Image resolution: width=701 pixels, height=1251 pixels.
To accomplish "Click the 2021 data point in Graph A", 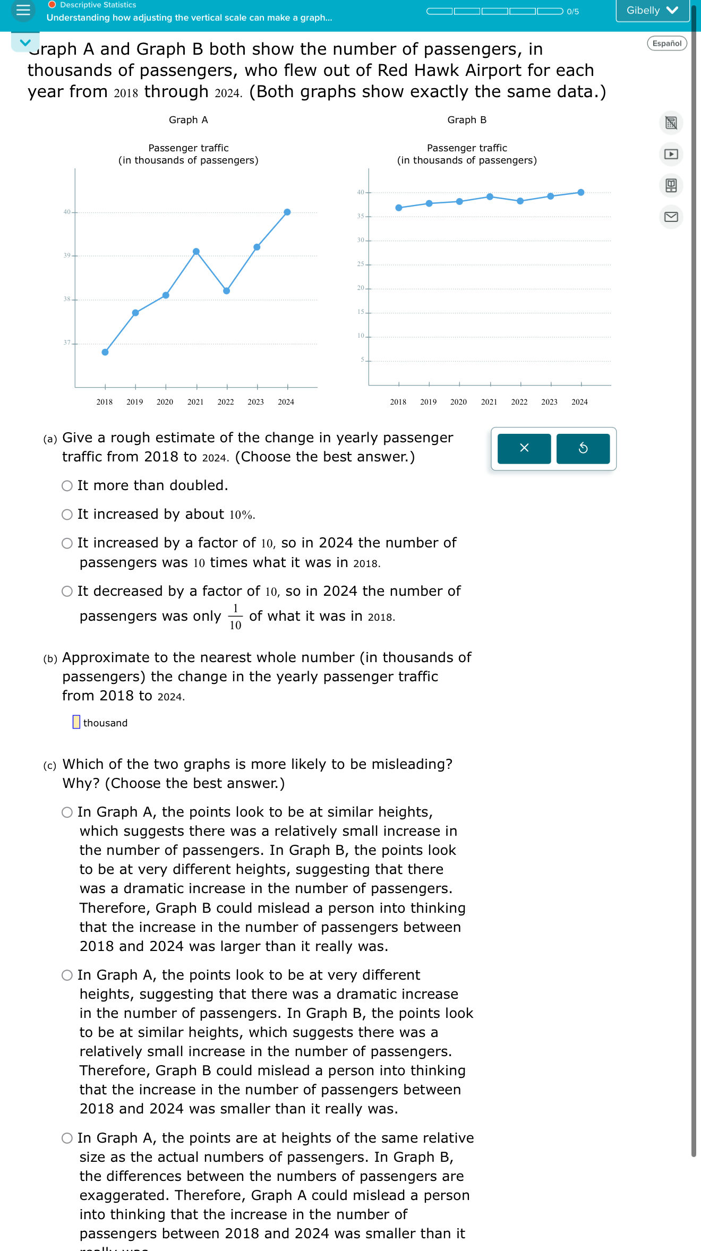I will click(x=196, y=251).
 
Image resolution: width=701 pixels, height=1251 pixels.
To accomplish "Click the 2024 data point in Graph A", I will click(x=287, y=212).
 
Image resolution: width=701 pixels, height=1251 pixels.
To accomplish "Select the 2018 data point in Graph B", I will click(x=399, y=208).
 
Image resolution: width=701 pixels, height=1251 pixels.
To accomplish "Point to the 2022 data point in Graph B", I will click(x=520, y=201).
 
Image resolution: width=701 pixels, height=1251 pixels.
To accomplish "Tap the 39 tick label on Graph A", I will click(x=67, y=255).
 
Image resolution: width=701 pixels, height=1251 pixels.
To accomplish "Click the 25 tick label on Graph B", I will click(x=361, y=264).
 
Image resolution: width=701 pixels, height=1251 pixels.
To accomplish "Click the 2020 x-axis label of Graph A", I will click(x=165, y=402).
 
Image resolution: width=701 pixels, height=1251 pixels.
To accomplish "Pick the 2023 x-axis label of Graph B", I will click(x=549, y=402).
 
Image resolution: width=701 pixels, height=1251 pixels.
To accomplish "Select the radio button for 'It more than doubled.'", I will click(x=67, y=486).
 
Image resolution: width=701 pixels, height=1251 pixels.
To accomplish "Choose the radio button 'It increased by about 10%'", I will click(x=67, y=515).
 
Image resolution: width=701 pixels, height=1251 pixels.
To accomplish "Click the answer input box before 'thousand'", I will click(x=76, y=722).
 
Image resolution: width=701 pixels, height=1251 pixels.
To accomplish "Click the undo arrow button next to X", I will click(x=583, y=449).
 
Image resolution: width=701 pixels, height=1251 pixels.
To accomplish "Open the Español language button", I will click(x=666, y=44).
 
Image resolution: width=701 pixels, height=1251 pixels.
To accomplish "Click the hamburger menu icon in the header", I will click(x=23, y=10).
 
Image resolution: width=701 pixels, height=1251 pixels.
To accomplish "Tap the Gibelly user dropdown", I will click(x=652, y=11).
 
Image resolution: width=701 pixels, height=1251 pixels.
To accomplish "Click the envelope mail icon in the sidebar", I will click(x=671, y=217).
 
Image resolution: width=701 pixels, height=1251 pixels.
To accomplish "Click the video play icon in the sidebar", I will click(x=671, y=154).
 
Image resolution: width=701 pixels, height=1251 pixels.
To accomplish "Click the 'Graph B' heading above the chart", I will click(x=467, y=120).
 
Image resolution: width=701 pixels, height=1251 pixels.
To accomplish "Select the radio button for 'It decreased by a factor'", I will click(x=67, y=592).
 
